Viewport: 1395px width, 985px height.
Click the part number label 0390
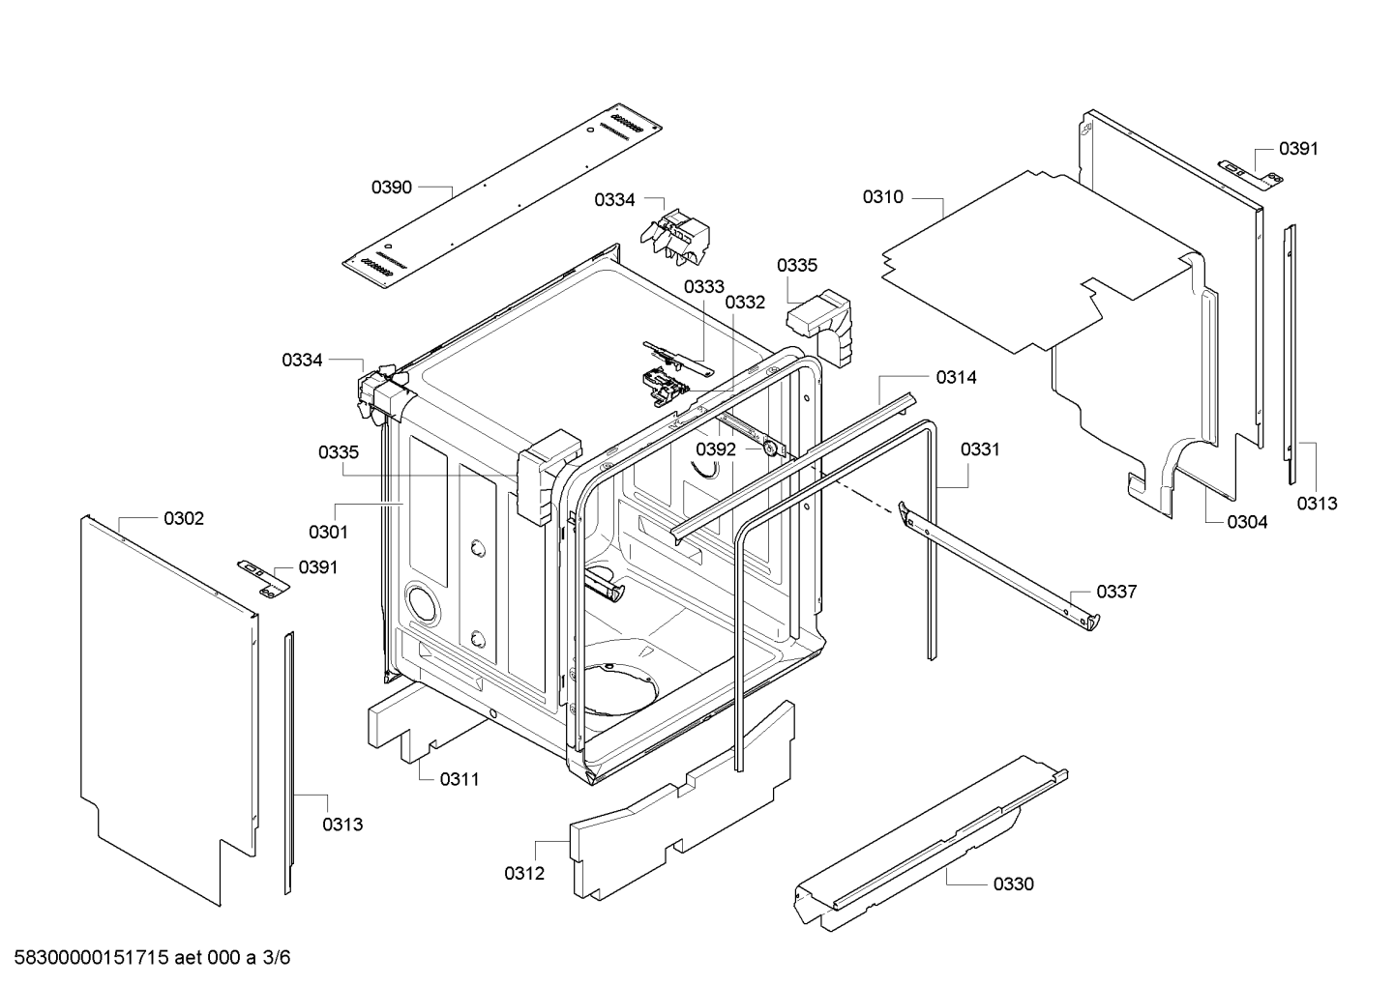click(x=392, y=188)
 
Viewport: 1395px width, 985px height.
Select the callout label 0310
click(x=883, y=197)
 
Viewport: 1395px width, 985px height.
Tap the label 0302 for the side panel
click(x=184, y=518)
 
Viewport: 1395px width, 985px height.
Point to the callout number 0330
click(x=1014, y=884)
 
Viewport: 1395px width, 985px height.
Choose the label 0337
click(x=1117, y=592)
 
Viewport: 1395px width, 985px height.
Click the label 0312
click(x=524, y=874)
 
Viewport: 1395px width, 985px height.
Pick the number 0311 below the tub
click(x=460, y=779)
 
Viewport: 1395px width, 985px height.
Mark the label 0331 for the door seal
click(x=980, y=449)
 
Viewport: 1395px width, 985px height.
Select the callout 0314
click(x=957, y=377)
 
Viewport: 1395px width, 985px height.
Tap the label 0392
click(x=716, y=449)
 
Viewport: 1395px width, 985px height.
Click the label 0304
click(x=1247, y=522)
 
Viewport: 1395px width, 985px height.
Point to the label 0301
click(x=328, y=532)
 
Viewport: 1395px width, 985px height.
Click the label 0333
click(x=704, y=287)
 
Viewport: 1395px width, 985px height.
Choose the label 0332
click(x=746, y=303)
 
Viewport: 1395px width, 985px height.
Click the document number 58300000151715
click(x=91, y=958)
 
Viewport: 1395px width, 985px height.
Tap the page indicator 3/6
click(x=277, y=958)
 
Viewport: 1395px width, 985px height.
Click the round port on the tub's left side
click(x=422, y=601)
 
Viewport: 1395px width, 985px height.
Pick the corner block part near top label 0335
click(x=819, y=326)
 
